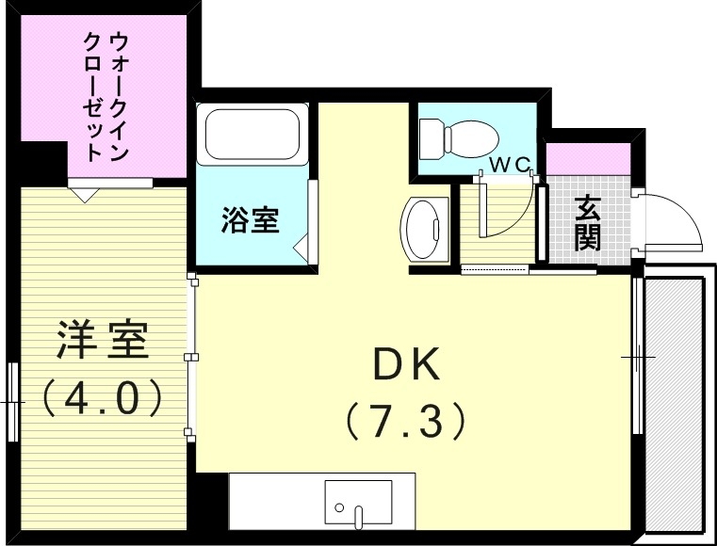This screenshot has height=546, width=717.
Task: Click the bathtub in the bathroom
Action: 253,135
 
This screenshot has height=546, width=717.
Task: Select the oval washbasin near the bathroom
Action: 424,230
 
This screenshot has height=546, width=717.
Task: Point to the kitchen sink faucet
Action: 358,514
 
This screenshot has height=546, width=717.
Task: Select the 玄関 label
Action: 588,222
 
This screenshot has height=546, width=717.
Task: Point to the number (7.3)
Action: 405,420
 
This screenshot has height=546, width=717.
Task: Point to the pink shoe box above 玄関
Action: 588,158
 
